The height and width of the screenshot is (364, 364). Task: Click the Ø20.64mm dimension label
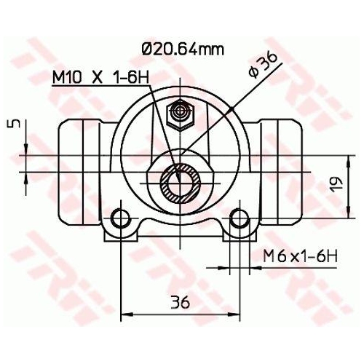[x=182, y=50]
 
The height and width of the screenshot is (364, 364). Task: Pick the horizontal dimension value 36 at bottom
[x=181, y=301]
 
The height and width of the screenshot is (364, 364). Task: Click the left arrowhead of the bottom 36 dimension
[x=124, y=314]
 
